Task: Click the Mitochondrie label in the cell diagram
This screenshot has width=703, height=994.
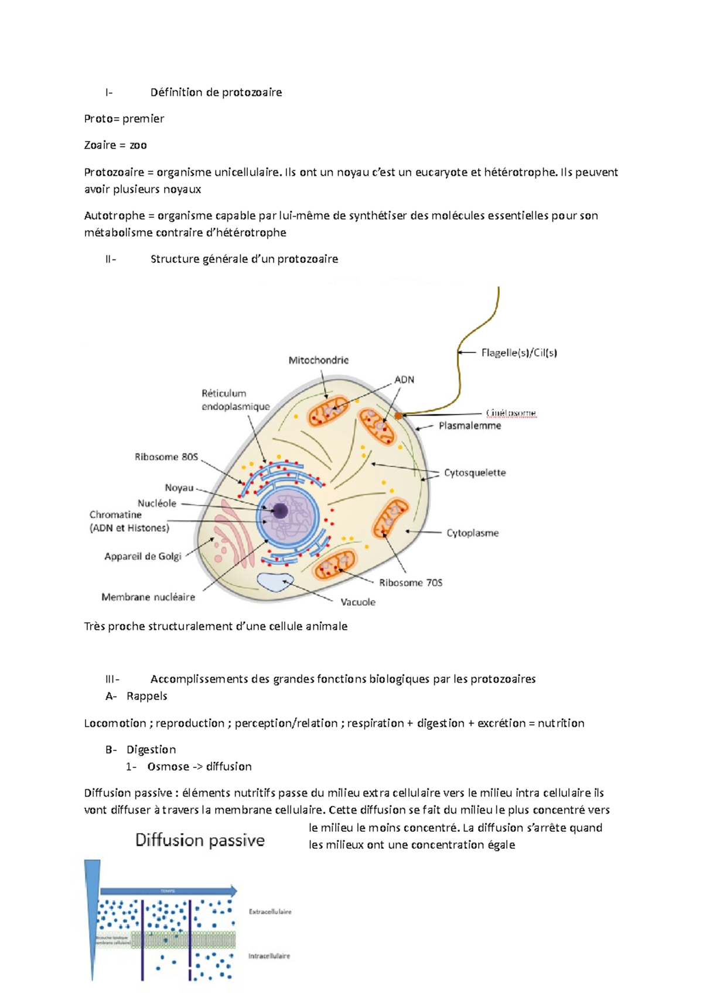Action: point(318,360)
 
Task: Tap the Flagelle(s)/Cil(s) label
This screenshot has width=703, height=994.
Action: point(518,352)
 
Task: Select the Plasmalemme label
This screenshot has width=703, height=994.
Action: point(470,426)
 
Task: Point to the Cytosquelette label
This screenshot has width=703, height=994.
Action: point(475,472)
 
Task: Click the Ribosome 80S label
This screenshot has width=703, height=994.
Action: point(166,457)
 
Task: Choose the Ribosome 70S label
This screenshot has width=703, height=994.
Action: point(411,582)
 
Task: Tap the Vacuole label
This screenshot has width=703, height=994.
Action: point(358,602)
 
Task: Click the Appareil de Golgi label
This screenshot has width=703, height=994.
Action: point(143,556)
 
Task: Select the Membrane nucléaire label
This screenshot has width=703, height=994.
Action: point(148,597)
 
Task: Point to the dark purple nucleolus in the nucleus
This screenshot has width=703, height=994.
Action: point(281,511)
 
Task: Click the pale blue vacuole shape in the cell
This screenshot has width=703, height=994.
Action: point(274,582)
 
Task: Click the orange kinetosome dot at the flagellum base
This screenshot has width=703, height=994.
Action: point(398,416)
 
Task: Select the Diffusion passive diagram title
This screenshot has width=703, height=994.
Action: point(200,840)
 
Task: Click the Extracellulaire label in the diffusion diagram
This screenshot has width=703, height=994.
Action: point(270,911)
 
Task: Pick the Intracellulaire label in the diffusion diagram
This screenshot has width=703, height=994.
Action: point(269,956)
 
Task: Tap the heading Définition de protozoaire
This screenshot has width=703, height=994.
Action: point(216,92)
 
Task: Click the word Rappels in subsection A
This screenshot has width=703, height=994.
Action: point(146,696)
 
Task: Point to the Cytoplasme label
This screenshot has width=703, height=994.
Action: point(472,533)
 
